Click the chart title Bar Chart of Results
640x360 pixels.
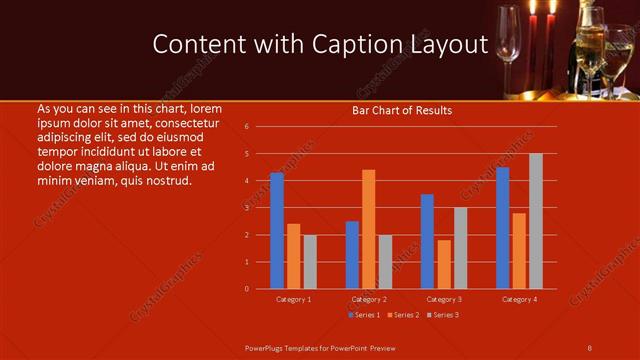point(402,110)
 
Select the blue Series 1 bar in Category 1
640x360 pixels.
point(276,231)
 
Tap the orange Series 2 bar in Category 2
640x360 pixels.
point(368,229)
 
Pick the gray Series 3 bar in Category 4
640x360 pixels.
point(535,221)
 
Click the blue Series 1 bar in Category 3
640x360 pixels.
point(427,241)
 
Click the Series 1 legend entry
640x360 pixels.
point(364,315)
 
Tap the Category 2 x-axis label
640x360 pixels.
point(369,299)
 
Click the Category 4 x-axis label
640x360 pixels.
point(519,299)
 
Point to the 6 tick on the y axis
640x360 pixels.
point(247,127)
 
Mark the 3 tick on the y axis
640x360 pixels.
point(247,208)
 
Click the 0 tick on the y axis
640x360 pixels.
point(247,289)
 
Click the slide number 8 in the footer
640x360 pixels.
point(589,347)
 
